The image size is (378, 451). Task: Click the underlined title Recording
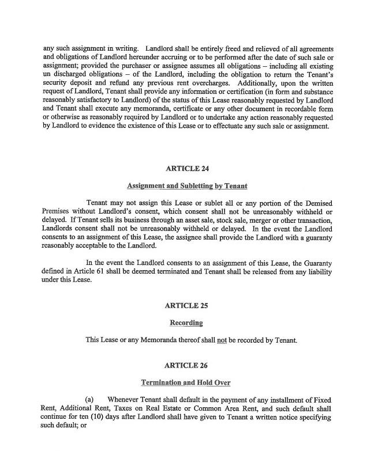click(x=186, y=323)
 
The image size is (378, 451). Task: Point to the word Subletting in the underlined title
click(x=199, y=186)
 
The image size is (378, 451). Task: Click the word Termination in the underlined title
click(x=163, y=382)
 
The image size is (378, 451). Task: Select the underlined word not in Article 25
click(x=221, y=340)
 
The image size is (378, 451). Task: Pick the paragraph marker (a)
click(x=90, y=400)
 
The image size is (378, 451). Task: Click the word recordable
click(x=286, y=109)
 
